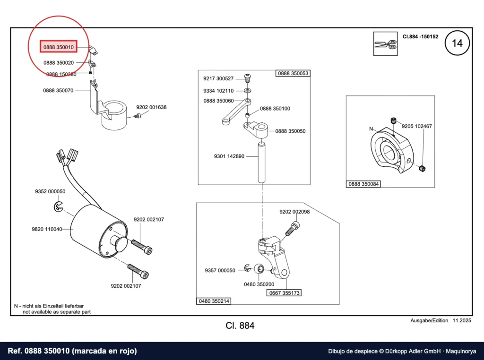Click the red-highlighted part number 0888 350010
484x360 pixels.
click(x=58, y=47)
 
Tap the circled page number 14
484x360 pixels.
click(x=457, y=43)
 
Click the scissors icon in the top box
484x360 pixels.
click(x=385, y=44)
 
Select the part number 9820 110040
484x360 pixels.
click(x=47, y=229)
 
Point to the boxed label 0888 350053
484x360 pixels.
click(x=293, y=73)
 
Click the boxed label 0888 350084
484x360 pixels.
click(x=363, y=184)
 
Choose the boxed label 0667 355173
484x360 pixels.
click(x=284, y=293)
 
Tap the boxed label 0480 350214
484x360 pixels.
click(x=214, y=301)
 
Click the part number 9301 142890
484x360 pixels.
click(x=229, y=156)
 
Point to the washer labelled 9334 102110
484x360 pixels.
click(x=248, y=91)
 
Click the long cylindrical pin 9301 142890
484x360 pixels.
click(x=262, y=162)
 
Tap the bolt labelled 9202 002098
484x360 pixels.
click(x=292, y=229)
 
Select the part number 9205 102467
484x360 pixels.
click(x=417, y=126)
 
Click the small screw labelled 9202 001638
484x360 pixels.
click(x=138, y=116)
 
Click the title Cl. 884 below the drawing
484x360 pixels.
click(x=240, y=326)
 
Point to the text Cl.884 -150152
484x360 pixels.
click(x=420, y=36)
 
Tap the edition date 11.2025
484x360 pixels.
click(x=462, y=320)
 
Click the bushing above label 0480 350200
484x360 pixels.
click(x=259, y=269)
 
